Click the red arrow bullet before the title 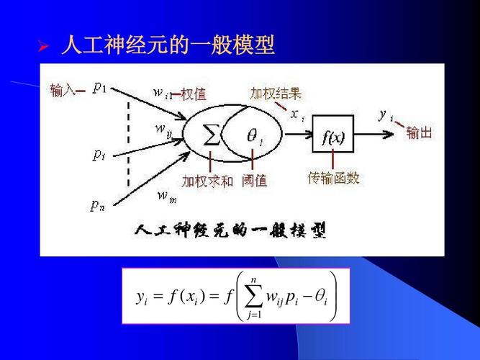coord(43,46)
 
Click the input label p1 coord(100,88)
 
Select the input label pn coord(98,205)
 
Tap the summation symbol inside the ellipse coord(212,135)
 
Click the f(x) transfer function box coord(333,134)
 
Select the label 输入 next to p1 coord(62,90)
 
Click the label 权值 coord(194,94)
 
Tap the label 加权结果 coord(276,93)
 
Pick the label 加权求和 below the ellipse coord(207,181)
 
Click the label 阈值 coord(255,181)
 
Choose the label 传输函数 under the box coord(333,178)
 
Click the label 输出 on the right coord(419,133)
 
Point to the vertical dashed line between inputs coord(128,144)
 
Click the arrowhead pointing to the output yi coord(389,134)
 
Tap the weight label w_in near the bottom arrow coord(167,196)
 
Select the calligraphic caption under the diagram coord(230,230)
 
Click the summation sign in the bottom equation coord(253,297)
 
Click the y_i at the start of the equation coord(142,298)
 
